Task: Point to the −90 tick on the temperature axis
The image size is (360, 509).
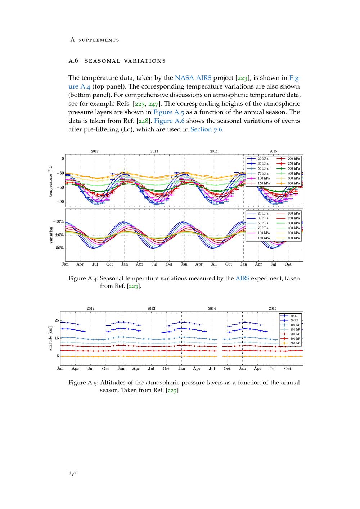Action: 59,202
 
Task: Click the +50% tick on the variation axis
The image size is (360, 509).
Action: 58,222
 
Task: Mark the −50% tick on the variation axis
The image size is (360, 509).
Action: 58,248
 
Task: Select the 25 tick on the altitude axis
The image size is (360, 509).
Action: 57,320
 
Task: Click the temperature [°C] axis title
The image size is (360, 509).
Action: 51,180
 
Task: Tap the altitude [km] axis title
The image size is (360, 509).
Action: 51,338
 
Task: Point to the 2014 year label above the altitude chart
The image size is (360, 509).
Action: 212,308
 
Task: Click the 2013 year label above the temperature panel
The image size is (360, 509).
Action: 154,151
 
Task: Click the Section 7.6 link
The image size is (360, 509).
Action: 206,129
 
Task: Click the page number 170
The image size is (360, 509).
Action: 73,473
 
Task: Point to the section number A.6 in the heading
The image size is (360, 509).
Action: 73,60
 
